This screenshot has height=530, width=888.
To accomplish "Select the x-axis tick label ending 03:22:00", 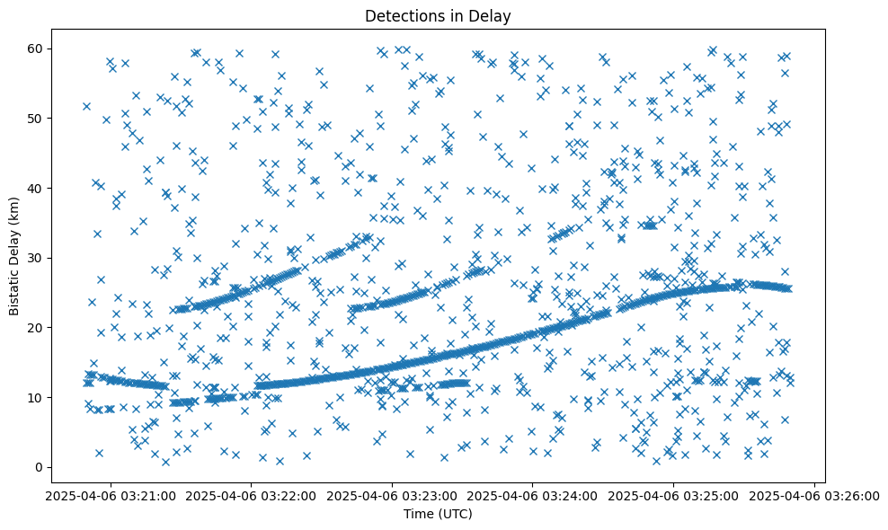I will [x=252, y=495].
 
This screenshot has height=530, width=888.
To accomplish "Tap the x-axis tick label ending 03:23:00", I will [x=393, y=495].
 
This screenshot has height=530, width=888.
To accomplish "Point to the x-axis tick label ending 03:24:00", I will [x=533, y=495].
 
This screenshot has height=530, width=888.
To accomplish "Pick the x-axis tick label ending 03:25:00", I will [x=674, y=495].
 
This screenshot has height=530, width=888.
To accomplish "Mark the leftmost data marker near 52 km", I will [x=86, y=106].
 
